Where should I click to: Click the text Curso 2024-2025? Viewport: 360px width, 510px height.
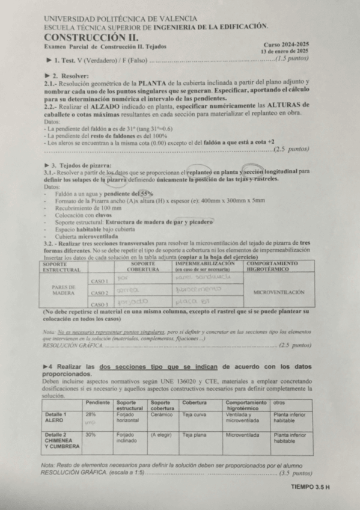[286, 45]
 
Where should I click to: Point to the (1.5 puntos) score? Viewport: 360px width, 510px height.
[291, 60]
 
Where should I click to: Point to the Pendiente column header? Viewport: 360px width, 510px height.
[97, 402]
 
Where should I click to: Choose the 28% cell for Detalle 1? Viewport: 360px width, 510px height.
[91, 414]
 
